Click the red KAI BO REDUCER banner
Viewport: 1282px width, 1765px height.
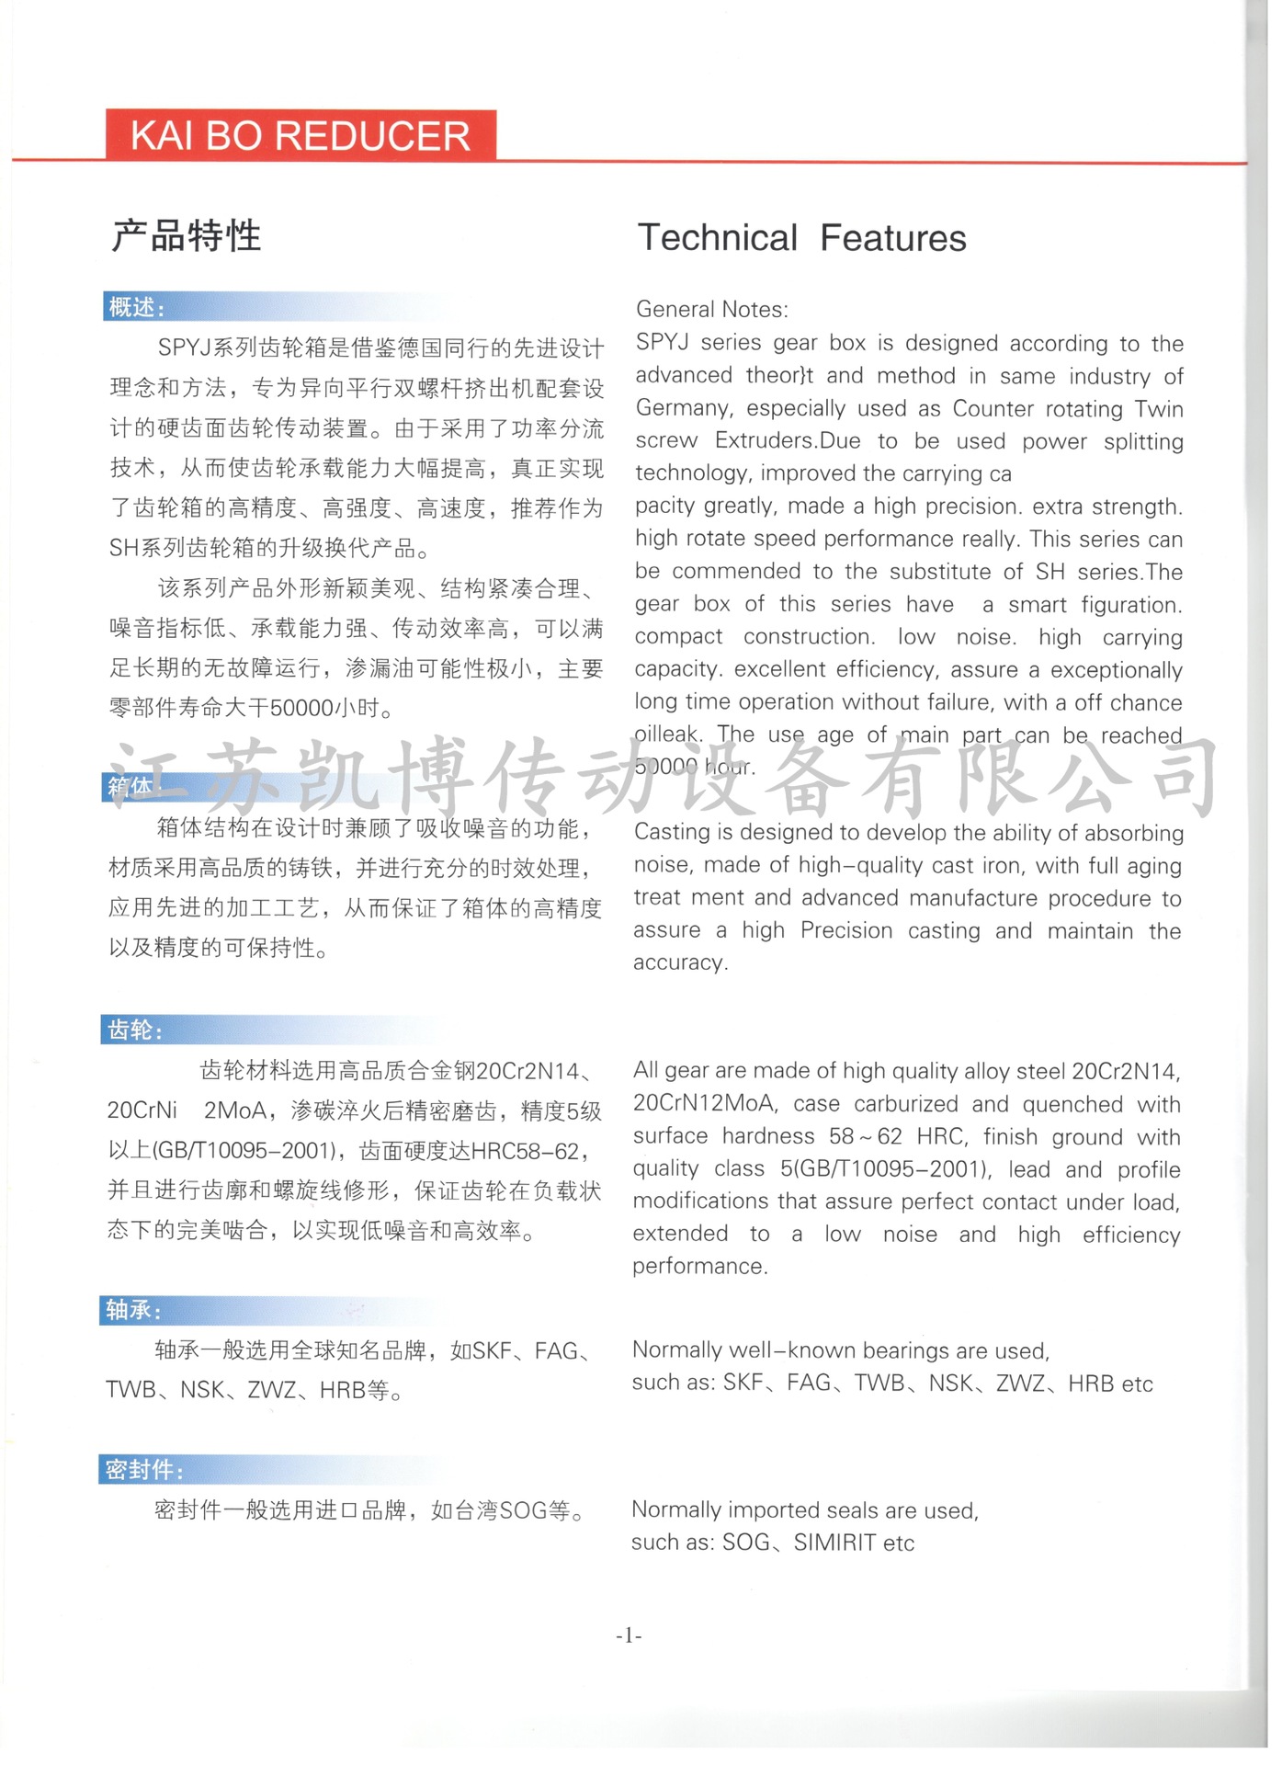tap(301, 136)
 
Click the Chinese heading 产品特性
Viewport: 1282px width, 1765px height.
tap(187, 236)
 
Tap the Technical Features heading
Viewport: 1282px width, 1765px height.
tap(801, 238)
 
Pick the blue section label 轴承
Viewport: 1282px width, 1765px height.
tap(133, 1310)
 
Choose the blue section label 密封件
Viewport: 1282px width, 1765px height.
tap(143, 1470)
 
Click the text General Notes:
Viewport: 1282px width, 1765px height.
tap(711, 310)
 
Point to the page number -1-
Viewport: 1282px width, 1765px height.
tap(629, 1635)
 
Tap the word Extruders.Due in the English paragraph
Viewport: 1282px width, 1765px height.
tap(788, 441)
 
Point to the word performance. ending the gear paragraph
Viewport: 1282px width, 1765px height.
tap(699, 1267)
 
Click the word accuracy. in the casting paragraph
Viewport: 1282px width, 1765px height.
tap(680, 962)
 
